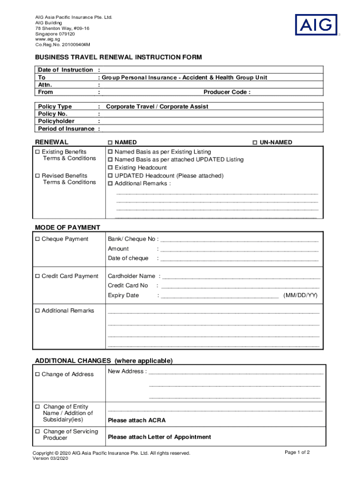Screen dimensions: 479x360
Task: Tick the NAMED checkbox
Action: [110, 142]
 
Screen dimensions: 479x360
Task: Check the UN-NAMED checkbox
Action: [255, 142]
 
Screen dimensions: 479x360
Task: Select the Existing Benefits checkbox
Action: [37, 152]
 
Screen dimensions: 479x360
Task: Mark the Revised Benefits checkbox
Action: [37, 176]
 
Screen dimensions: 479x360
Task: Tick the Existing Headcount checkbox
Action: [110, 167]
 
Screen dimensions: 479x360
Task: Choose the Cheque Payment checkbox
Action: [37, 239]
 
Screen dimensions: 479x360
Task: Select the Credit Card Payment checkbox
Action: [37, 276]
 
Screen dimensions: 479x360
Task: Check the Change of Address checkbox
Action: [37, 374]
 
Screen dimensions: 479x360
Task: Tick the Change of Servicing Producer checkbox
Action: [37, 432]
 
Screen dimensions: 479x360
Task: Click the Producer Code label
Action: [227, 92]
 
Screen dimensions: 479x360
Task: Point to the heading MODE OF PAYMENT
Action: [67, 227]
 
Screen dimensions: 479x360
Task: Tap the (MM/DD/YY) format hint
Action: [300, 295]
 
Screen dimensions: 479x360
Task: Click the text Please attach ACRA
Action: [137, 420]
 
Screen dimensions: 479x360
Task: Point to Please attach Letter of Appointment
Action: [159, 437]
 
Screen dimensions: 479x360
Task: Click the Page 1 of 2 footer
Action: [297, 452]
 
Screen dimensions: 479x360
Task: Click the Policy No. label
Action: [53, 114]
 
